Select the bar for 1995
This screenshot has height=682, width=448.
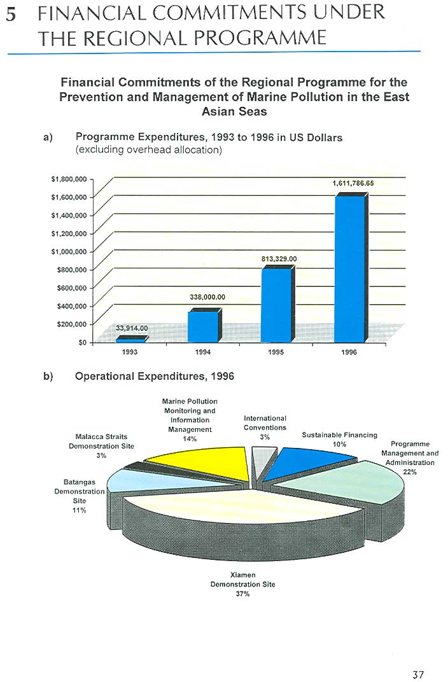pyautogui.click(x=276, y=305)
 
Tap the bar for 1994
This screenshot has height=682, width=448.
pyautogui.click(x=202, y=326)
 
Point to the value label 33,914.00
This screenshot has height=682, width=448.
pyautogui.click(x=132, y=328)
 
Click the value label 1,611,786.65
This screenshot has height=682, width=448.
pyautogui.click(x=353, y=183)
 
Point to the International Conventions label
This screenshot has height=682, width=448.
pyautogui.click(x=265, y=423)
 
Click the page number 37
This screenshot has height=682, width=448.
pyautogui.click(x=417, y=675)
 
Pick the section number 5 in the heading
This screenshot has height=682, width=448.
pyautogui.click(x=11, y=15)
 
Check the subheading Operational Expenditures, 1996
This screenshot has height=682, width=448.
pyautogui.click(x=155, y=376)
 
